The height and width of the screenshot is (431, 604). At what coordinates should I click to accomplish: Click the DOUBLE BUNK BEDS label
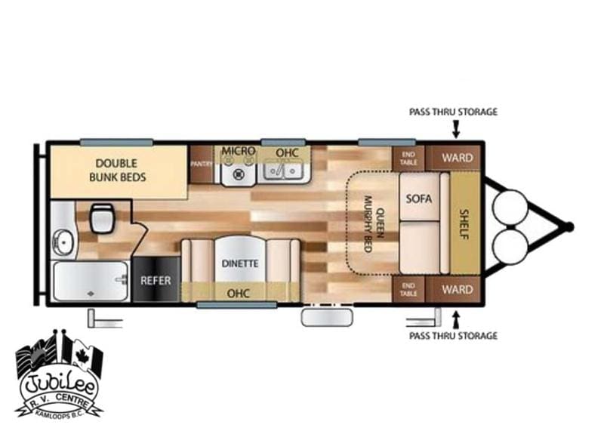[x=118, y=171]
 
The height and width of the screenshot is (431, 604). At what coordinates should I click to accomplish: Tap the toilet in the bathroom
[x=103, y=218]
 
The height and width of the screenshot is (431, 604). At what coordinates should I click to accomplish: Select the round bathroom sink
[x=63, y=242]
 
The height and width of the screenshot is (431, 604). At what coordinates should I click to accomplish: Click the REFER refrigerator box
[x=156, y=280]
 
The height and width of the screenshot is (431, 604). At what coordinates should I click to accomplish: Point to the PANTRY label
[x=201, y=164]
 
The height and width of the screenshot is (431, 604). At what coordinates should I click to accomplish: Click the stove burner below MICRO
[x=239, y=174]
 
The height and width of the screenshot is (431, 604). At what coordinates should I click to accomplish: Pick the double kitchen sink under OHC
[x=285, y=170]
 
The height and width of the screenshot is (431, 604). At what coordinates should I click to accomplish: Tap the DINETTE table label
[x=240, y=263]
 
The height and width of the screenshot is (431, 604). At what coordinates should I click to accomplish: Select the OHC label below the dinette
[x=239, y=294]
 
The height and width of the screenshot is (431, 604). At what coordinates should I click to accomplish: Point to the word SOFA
[x=419, y=199]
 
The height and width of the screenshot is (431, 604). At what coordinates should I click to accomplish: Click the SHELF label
[x=464, y=224]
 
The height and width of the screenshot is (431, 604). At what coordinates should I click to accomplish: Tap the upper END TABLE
[x=408, y=158]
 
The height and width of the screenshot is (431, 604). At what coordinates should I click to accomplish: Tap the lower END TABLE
[x=408, y=289]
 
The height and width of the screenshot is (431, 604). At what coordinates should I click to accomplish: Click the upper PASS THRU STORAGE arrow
[x=456, y=129]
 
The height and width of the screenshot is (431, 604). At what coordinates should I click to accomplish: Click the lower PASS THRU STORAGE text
[x=453, y=336]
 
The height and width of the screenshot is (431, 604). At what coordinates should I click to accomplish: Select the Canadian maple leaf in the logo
[x=82, y=356]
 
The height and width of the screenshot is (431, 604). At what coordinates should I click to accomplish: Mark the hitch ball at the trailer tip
[x=569, y=226]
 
